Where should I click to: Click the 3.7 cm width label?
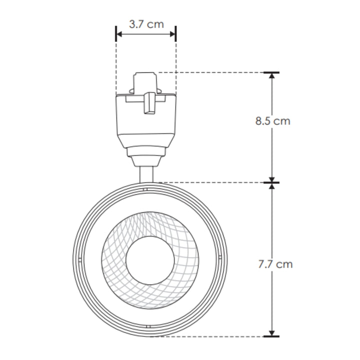coord(146,23)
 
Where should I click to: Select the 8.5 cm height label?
coord(272,121)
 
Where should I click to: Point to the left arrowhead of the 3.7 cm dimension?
coord(119,34)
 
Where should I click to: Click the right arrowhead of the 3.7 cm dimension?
coord(173,34)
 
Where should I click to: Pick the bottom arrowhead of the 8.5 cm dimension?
coord(272,179)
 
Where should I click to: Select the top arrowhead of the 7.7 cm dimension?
coord(272,186)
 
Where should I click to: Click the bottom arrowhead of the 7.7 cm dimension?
coord(272,332)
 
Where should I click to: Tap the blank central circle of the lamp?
coord(149,260)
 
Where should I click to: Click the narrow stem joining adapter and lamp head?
coord(146,174)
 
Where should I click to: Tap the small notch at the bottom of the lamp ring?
coord(148,326)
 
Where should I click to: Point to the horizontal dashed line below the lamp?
coord(210,336)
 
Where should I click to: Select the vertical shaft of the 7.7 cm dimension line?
coord(272,225)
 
